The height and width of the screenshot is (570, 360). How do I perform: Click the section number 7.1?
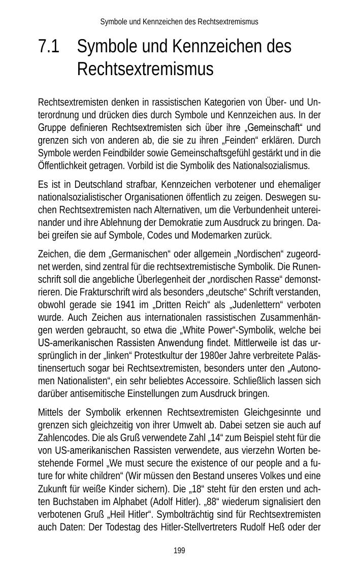(48, 47)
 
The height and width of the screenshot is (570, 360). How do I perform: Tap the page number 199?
(179, 551)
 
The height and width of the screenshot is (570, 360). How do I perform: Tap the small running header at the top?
(179, 22)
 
